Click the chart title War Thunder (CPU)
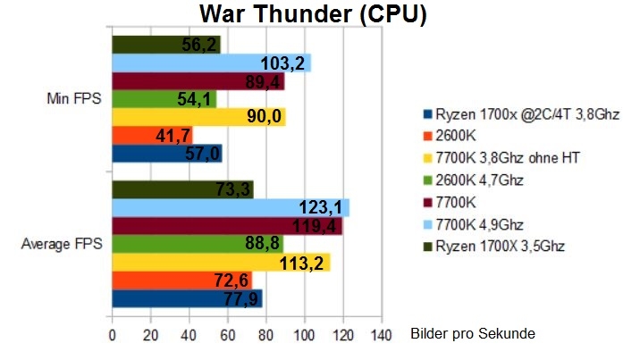tap(312, 14)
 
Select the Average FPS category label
tap(61, 244)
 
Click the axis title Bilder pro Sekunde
tap(474, 333)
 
